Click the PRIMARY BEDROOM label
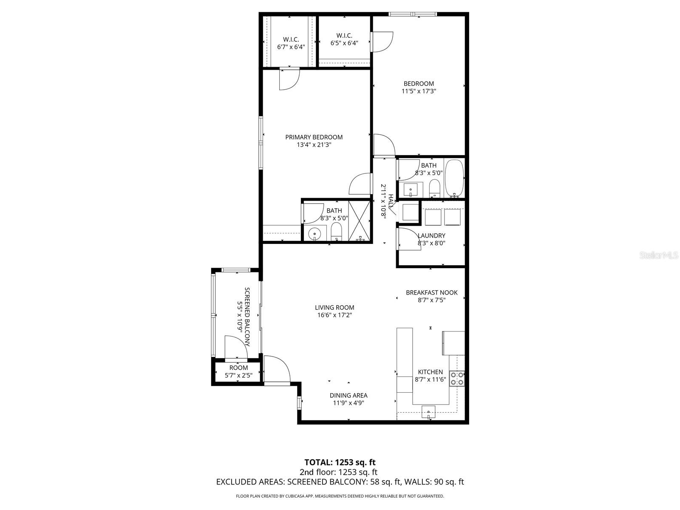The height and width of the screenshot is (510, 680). coord(314,137)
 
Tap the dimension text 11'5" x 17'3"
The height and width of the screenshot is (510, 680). coord(419,91)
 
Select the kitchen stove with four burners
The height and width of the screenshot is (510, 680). coord(457,378)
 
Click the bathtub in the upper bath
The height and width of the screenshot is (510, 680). coord(454,178)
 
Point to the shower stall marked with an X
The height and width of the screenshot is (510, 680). coord(360,221)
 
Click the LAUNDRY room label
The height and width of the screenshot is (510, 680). coord(431,236)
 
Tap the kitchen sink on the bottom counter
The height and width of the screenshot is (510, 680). coord(428,412)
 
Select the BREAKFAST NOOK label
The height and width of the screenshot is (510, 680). coord(431,292)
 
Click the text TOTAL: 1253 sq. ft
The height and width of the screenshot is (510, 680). coord(340,462)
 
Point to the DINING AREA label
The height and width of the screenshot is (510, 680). coord(348,396)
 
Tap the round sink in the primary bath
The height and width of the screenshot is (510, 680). coord(314,233)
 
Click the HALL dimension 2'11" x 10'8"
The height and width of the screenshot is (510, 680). coord(383,201)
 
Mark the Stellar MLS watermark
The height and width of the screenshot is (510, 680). coord(659,255)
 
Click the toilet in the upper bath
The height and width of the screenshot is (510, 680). coord(434,188)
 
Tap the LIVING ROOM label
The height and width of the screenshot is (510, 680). coord(334,308)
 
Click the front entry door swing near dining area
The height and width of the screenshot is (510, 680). coord(276,369)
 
